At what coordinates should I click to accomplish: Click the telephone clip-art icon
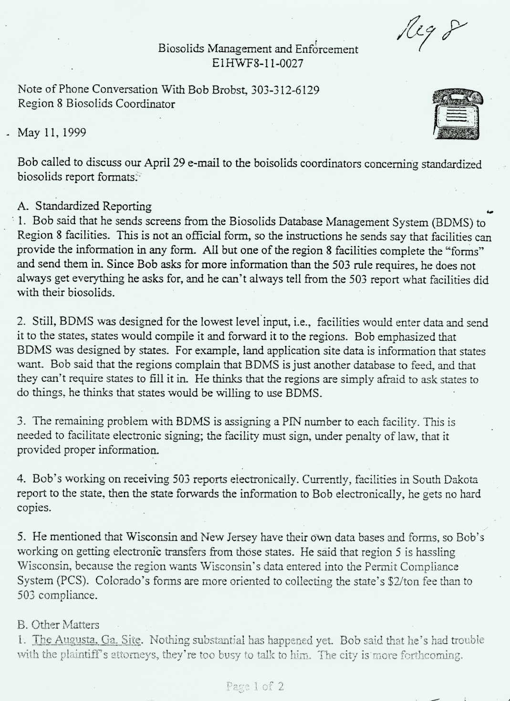(457, 114)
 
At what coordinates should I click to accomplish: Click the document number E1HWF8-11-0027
(258, 63)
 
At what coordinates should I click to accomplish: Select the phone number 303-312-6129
(285, 90)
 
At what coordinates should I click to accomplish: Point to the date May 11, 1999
(52, 132)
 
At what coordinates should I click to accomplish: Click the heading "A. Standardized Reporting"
(84, 206)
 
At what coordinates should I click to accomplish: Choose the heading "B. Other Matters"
(58, 625)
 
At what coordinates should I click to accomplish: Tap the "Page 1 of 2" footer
(255, 686)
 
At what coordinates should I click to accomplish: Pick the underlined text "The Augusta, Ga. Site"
(87, 640)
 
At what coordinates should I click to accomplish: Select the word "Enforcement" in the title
(326, 49)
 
